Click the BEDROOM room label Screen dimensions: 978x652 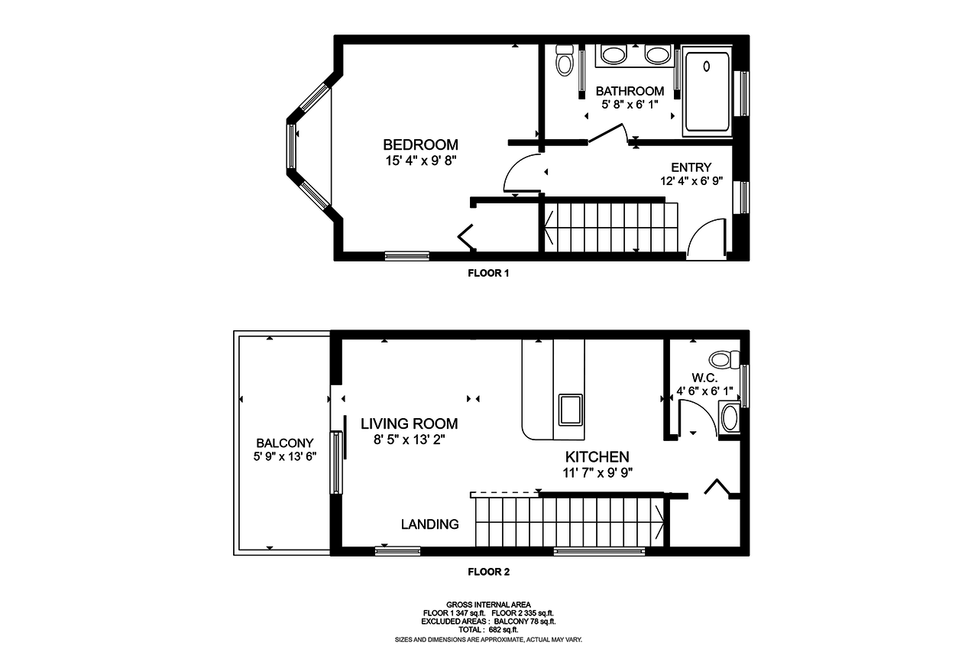pos(420,144)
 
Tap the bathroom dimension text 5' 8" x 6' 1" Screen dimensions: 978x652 pos(630,105)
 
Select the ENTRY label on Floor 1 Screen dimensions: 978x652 pos(691,167)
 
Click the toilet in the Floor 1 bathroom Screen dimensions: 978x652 pos(565,60)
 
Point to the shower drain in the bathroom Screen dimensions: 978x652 pos(707,66)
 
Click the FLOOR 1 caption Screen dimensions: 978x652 pos(488,274)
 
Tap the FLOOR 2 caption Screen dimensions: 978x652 pos(488,572)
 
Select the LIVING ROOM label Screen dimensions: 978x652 pos(409,423)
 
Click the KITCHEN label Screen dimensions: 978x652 pos(597,457)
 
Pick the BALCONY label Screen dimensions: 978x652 pos(285,443)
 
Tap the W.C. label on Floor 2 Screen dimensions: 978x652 pos(704,378)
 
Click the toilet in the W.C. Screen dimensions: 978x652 pos(724,360)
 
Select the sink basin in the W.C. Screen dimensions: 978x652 pos(730,418)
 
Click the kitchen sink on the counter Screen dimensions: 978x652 pos(571,410)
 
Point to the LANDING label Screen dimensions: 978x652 pos(430,524)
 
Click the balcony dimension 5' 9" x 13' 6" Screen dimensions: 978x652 pos(285,457)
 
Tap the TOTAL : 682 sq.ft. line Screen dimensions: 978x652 pos(488,630)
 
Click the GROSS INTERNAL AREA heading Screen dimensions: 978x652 pos(488,605)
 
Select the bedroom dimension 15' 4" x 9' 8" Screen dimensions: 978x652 pos(420,161)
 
